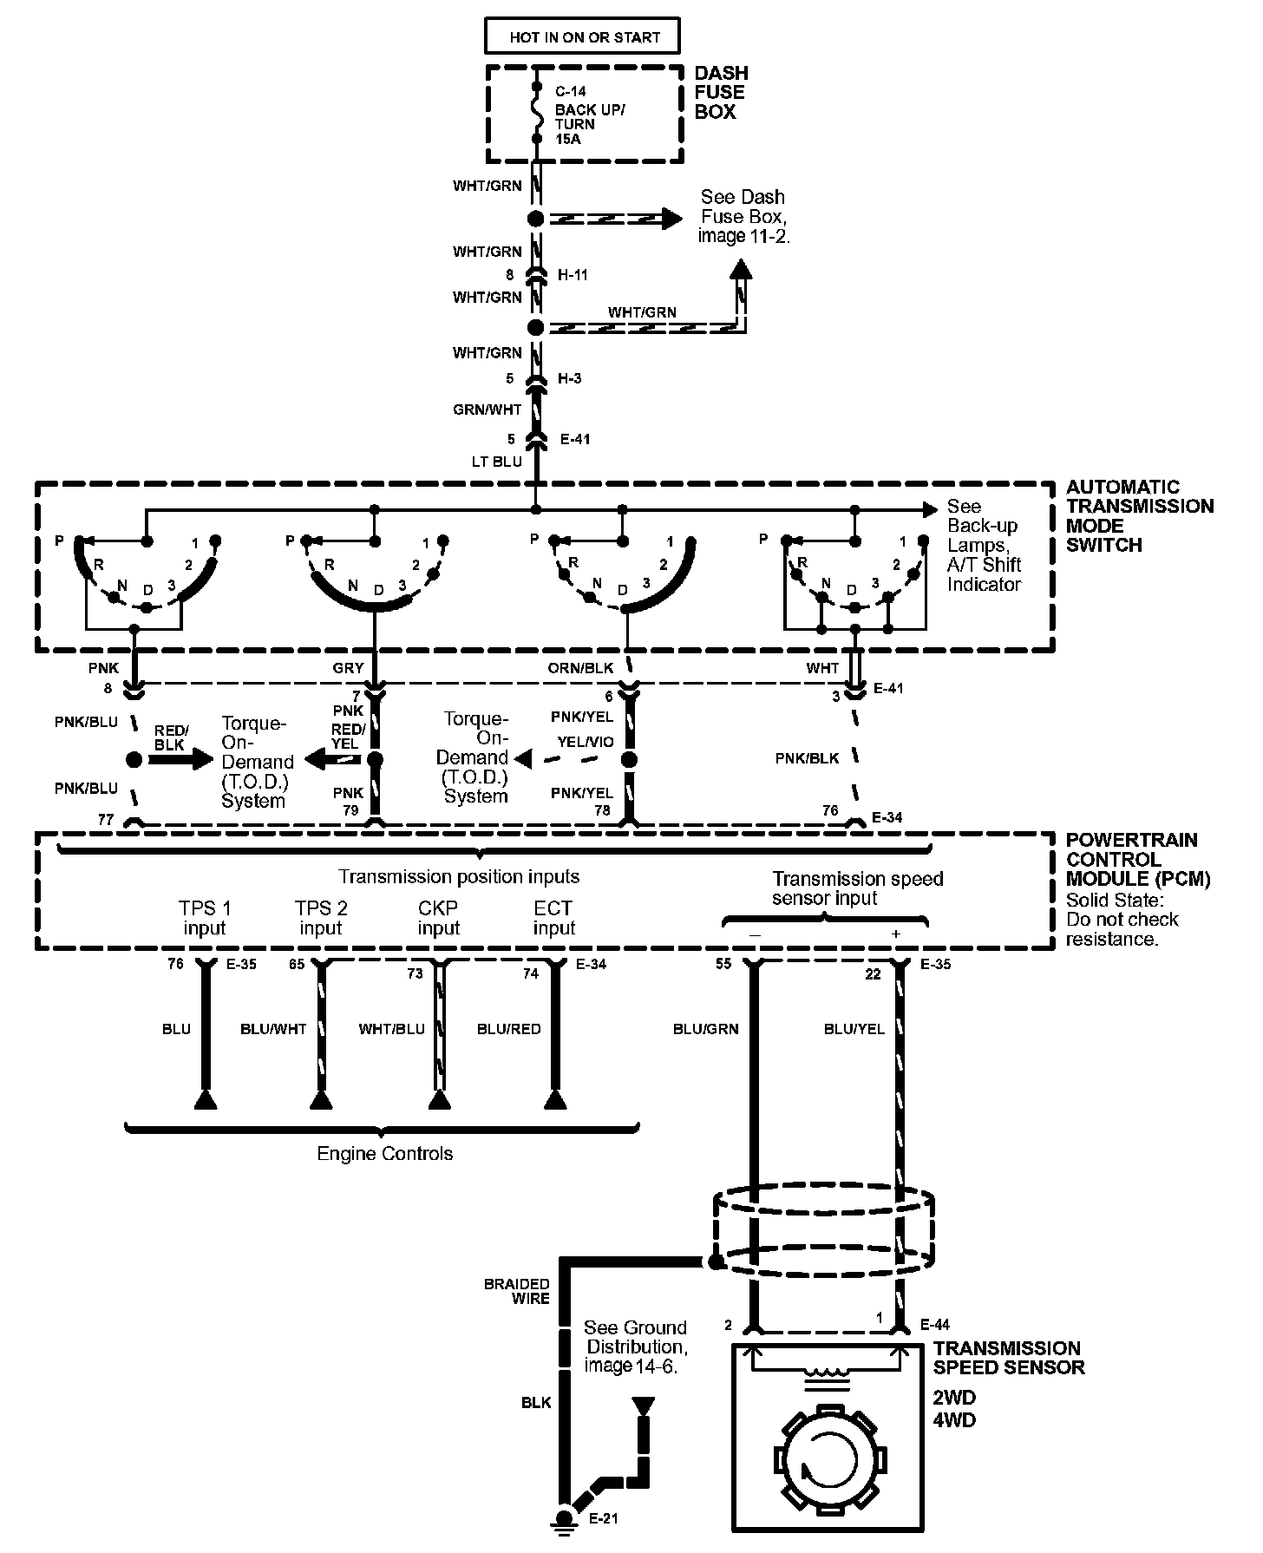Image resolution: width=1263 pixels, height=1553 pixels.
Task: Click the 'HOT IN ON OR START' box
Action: [583, 37]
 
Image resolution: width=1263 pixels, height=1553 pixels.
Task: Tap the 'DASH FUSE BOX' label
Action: [720, 93]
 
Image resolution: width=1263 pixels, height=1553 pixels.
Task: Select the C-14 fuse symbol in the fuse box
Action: [537, 114]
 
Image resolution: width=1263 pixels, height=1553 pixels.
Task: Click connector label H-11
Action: [573, 275]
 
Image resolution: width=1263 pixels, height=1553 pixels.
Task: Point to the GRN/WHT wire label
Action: [488, 410]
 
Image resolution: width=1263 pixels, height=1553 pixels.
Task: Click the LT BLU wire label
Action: [497, 462]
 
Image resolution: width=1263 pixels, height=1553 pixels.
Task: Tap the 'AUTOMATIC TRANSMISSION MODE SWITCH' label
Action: [1140, 516]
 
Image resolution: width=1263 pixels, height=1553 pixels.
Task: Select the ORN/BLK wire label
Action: [580, 669]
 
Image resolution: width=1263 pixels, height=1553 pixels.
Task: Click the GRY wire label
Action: [348, 669]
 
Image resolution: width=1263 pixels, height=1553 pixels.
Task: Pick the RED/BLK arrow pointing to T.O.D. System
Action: [180, 760]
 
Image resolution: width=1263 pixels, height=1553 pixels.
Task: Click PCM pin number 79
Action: [350, 810]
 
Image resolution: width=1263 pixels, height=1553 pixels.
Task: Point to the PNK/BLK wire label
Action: [807, 758]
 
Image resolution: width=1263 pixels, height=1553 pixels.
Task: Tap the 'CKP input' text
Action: [438, 918]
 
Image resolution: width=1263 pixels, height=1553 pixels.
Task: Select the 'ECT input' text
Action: [553, 918]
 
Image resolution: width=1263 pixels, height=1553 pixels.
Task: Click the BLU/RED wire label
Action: [508, 1029]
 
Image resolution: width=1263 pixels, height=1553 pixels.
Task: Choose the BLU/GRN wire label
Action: [705, 1029]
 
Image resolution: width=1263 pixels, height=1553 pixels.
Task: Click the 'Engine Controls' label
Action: [385, 1154]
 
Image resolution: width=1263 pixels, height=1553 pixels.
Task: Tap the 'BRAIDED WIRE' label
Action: [517, 1291]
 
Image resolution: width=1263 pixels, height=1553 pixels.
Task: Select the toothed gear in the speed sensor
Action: [830, 1458]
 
